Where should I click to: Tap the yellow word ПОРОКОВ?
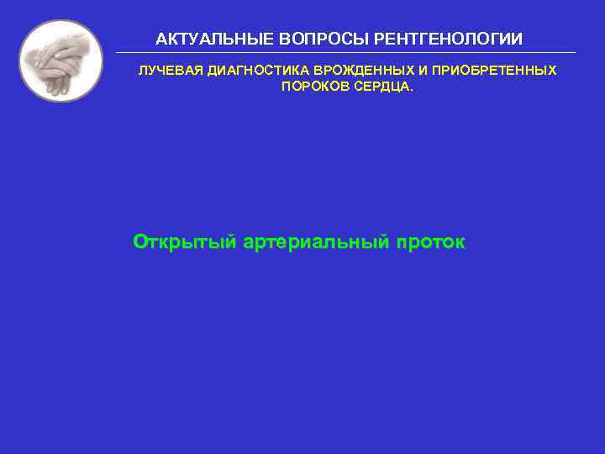point(312,87)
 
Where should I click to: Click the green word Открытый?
point(184,243)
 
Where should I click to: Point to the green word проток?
point(430,243)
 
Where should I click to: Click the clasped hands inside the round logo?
point(60,61)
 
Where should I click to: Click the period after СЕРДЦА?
point(412,87)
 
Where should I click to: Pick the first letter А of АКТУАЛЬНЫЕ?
point(161,40)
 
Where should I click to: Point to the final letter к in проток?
point(459,244)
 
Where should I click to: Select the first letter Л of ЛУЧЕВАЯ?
point(142,71)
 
